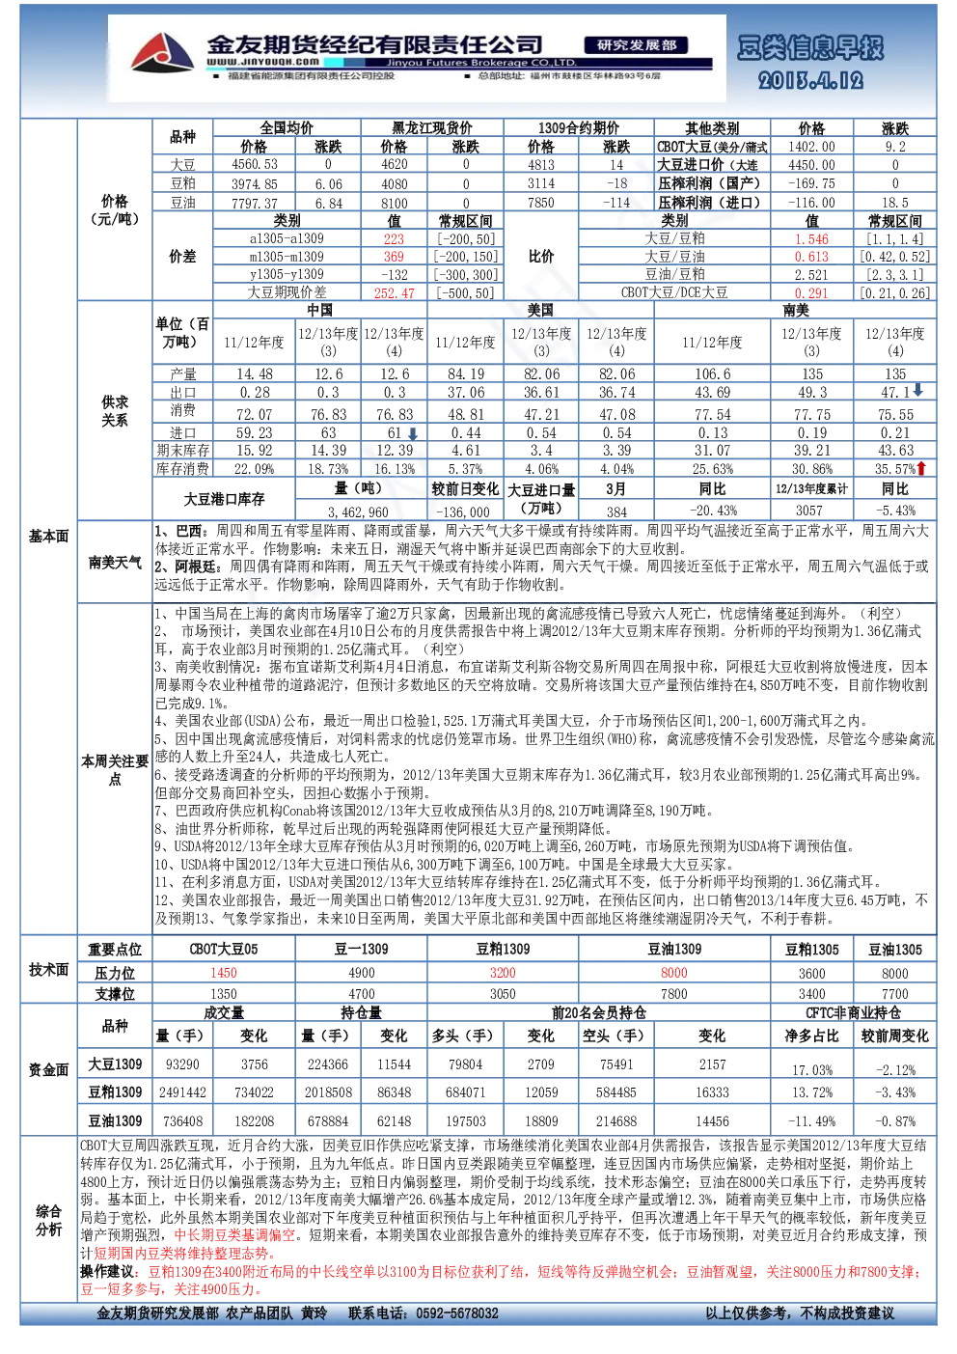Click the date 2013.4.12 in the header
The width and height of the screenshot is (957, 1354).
[x=810, y=81]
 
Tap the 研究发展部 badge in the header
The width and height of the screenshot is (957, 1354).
[x=636, y=45]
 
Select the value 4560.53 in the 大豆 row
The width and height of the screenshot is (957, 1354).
[x=255, y=164]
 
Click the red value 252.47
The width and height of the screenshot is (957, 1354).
[x=394, y=293]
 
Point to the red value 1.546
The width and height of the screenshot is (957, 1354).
[x=811, y=239]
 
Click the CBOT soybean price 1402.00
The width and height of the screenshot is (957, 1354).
[x=811, y=147]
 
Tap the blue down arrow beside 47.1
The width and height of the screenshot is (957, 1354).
[x=917, y=390]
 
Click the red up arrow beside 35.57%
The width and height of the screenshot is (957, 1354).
[x=921, y=467]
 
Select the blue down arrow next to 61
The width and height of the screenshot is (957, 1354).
[x=413, y=432]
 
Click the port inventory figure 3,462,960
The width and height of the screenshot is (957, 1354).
[x=358, y=512]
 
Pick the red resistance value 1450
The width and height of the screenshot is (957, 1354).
[x=224, y=973]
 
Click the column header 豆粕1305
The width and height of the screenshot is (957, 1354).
[x=811, y=950]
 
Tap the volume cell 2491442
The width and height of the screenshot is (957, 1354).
[x=182, y=1092]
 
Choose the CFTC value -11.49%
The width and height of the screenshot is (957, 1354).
[x=811, y=1121]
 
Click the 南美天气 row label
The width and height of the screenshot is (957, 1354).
[x=115, y=563]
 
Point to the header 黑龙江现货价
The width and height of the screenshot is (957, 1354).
[x=432, y=127]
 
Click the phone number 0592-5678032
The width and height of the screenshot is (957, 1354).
[x=457, y=1313]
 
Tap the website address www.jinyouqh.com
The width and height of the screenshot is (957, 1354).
[x=262, y=61]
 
